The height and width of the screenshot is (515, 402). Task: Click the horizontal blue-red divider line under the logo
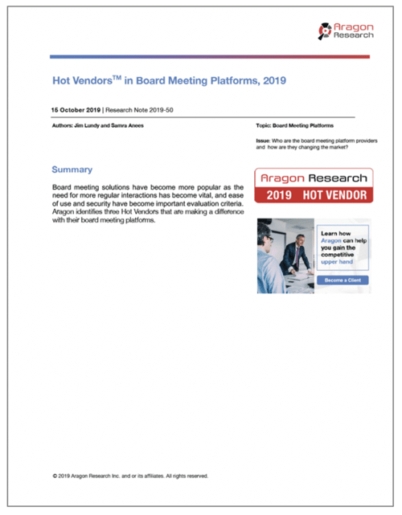pyautogui.click(x=209, y=56)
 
